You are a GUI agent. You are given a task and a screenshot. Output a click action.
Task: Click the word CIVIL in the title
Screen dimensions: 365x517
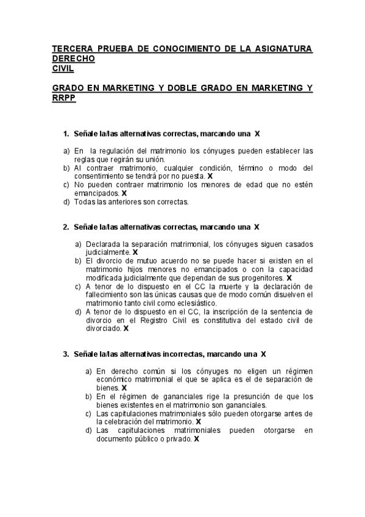[x=64, y=69]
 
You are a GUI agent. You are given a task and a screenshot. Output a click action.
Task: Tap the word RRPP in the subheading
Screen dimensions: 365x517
[x=64, y=98]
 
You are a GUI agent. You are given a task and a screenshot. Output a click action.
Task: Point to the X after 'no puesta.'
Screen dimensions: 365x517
[x=210, y=176]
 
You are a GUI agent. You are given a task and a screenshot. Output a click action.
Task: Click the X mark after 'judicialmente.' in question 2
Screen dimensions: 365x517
[x=135, y=252]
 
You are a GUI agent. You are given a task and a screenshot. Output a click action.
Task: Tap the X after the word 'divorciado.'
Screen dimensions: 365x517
[x=126, y=328]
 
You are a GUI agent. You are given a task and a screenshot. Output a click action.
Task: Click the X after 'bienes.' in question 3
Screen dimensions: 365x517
[x=124, y=387]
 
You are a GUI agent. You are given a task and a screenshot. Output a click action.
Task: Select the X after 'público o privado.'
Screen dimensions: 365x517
[x=197, y=438]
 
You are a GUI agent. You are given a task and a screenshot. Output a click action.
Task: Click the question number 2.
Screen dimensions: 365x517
[x=66, y=227]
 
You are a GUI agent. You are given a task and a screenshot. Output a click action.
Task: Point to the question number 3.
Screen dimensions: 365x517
[x=66, y=354]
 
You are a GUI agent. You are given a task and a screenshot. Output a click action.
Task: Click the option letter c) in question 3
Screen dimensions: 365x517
[x=89, y=413]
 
